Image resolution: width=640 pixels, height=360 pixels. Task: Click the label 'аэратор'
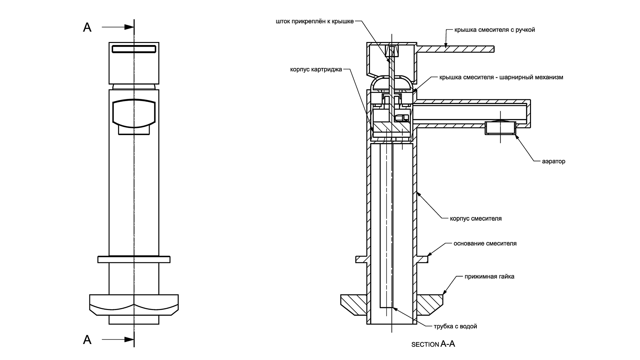click(554, 161)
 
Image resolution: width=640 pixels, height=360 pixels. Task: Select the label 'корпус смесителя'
click(476, 219)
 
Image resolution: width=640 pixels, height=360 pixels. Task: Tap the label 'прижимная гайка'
click(489, 276)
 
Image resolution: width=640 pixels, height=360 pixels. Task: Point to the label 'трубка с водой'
click(455, 326)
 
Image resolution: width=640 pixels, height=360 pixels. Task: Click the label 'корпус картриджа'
click(316, 70)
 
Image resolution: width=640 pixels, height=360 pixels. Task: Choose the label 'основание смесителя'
click(485, 243)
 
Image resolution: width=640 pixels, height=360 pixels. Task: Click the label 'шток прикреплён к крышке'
click(315, 22)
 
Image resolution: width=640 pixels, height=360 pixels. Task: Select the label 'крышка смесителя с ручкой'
click(495, 30)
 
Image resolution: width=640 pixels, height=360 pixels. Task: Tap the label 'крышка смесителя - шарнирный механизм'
click(501, 77)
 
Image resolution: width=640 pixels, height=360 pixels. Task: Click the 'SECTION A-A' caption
click(433, 344)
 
